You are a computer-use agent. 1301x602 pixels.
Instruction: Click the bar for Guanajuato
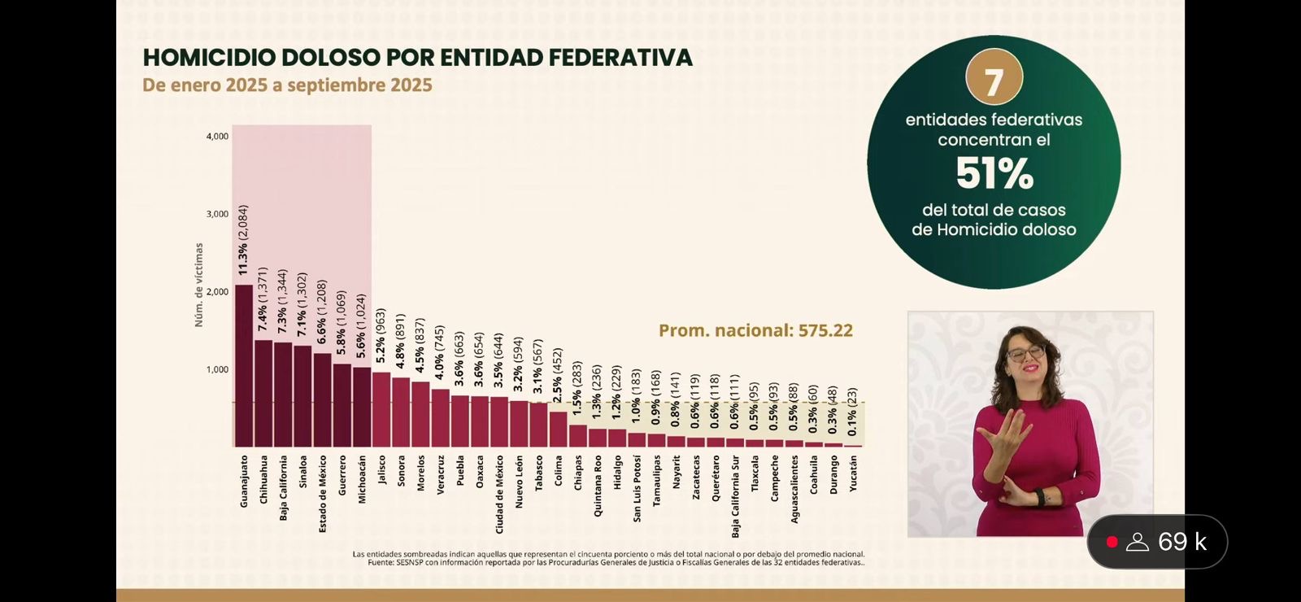click(244, 366)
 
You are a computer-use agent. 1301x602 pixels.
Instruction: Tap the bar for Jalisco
click(381, 410)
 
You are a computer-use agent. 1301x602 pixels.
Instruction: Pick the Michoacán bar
click(362, 408)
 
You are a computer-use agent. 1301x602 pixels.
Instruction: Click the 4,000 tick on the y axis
click(217, 137)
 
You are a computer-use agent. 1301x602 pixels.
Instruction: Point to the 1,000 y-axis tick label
click(217, 369)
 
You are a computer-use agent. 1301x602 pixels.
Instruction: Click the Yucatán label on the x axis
click(853, 473)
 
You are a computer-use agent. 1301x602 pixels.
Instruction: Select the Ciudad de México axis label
click(499, 494)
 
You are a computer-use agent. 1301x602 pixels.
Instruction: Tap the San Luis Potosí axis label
click(637, 488)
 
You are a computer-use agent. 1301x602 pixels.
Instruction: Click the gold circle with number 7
click(994, 78)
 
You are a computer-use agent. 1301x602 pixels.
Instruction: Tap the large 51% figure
click(994, 173)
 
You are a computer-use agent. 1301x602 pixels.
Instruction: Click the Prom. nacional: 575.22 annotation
click(755, 330)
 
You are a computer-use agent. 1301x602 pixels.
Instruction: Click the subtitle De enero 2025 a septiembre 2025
click(287, 85)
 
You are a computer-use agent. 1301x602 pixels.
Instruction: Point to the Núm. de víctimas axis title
click(198, 286)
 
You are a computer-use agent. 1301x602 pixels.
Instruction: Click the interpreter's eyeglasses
click(1025, 353)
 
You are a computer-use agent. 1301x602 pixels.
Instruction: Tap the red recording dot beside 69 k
click(1112, 542)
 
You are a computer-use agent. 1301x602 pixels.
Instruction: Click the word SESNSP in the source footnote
click(410, 562)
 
